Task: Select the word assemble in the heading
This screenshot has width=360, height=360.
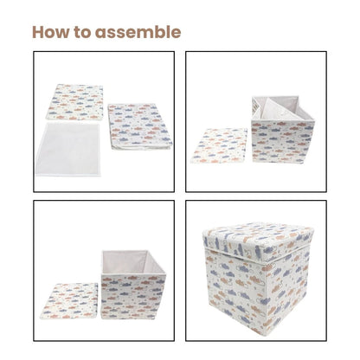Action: pos(141,33)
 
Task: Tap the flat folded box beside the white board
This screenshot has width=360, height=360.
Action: pos(138,125)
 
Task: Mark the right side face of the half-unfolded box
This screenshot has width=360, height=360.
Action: pos(303,134)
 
